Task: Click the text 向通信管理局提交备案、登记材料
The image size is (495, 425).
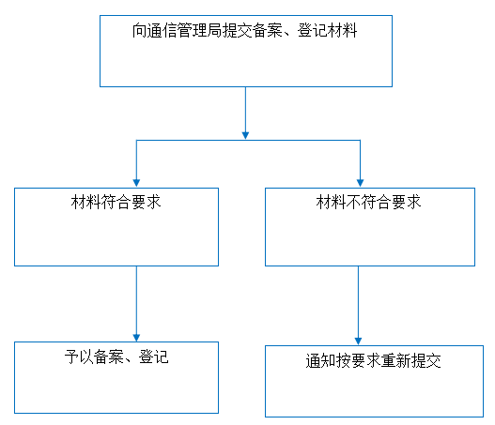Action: [244, 31]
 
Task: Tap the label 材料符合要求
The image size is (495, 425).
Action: [116, 202]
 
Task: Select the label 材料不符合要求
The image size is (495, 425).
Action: [368, 202]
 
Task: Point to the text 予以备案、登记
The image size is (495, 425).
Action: [116, 357]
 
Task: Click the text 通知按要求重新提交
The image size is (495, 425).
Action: [373, 361]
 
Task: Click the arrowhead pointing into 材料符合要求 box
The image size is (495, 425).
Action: [136, 183]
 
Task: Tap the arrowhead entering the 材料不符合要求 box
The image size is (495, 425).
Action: [360, 183]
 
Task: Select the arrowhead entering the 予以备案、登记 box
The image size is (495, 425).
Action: [136, 338]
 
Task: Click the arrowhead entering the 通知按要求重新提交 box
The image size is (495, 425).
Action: [358, 342]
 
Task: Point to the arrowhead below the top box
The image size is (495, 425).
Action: [245, 135]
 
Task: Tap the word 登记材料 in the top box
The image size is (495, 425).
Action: [328, 31]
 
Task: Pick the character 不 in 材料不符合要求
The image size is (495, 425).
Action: [353, 202]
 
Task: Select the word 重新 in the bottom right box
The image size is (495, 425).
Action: [395, 361]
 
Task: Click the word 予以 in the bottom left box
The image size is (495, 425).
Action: [79, 357]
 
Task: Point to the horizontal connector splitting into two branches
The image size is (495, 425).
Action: [248, 141]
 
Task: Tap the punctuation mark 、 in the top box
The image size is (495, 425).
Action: [290, 34]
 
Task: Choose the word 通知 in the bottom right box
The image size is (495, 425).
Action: [320, 361]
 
